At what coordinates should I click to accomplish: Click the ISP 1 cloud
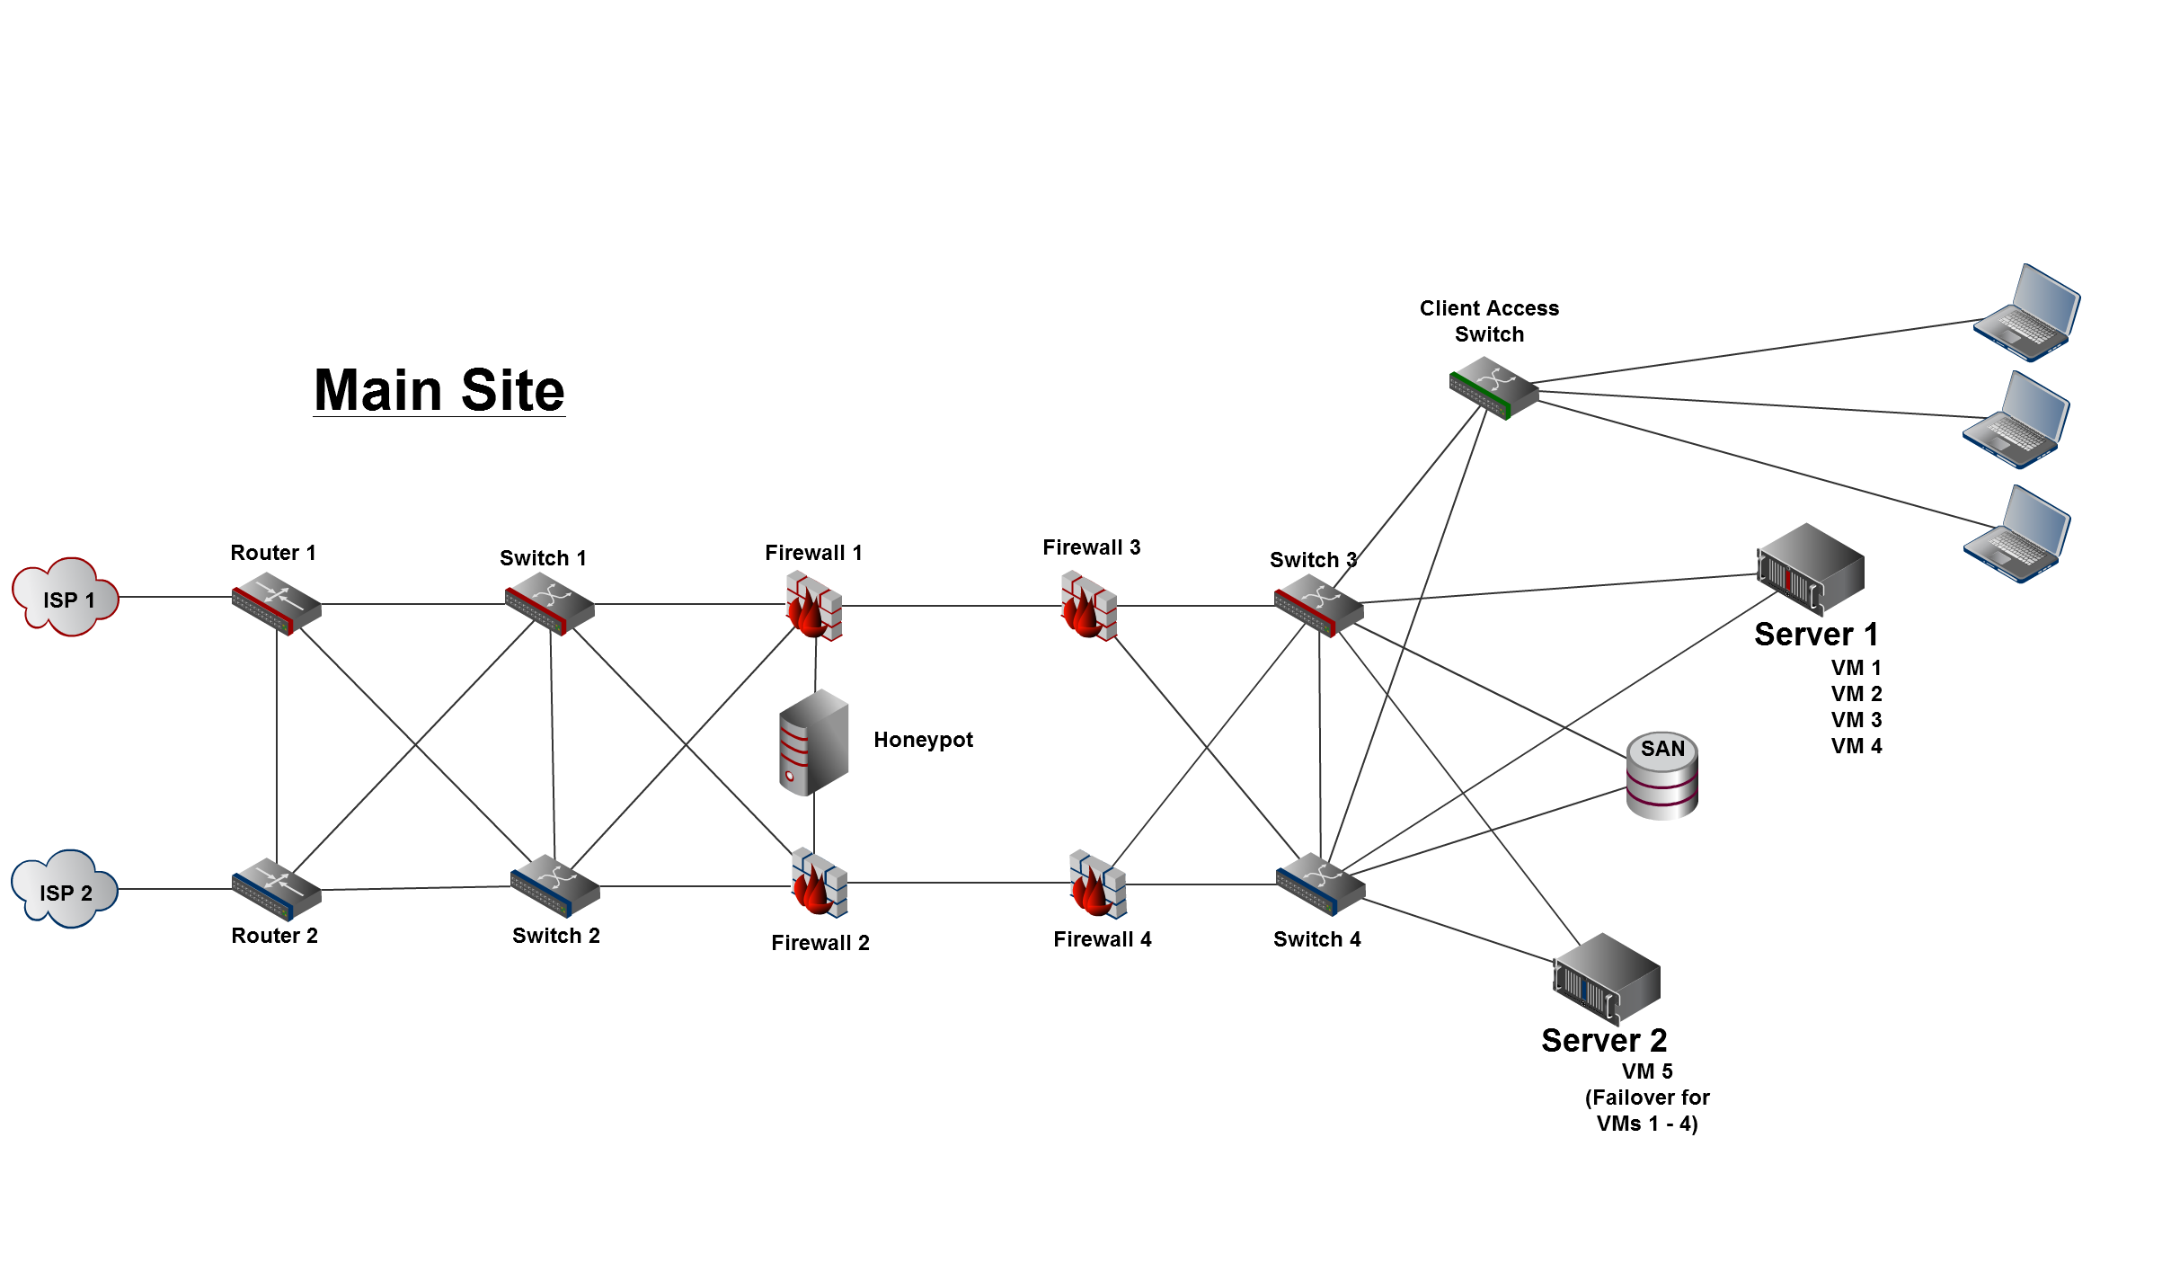(x=66, y=597)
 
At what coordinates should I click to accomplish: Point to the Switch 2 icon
(x=554, y=886)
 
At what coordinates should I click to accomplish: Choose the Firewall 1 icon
(x=814, y=607)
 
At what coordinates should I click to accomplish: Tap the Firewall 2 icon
(x=819, y=884)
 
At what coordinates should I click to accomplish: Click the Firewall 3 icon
(x=1089, y=607)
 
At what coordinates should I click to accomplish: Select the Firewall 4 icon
(x=1097, y=884)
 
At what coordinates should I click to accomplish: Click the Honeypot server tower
(x=813, y=742)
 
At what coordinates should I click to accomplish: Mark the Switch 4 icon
(x=1320, y=884)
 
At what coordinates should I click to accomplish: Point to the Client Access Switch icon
(x=1493, y=388)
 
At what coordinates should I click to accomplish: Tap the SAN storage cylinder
(x=1662, y=776)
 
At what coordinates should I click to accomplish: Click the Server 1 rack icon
(x=1810, y=568)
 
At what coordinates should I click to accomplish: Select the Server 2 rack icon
(x=1607, y=979)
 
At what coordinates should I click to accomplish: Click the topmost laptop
(x=2027, y=313)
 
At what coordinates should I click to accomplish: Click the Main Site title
(x=439, y=390)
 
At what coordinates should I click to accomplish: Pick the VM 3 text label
(x=1856, y=720)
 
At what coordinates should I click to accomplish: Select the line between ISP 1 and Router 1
(x=175, y=597)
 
